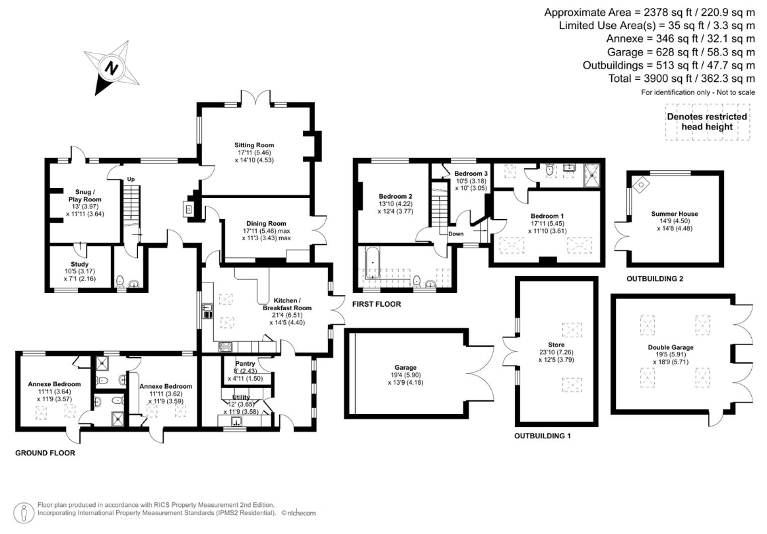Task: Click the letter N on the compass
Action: click(112, 68)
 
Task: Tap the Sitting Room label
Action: click(254, 145)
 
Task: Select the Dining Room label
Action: click(266, 224)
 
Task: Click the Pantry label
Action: click(245, 363)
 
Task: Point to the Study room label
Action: click(80, 264)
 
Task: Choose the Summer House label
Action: click(675, 214)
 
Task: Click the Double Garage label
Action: click(671, 347)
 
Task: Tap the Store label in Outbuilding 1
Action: click(556, 345)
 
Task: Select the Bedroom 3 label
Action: click(471, 174)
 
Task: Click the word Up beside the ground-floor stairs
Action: click(131, 180)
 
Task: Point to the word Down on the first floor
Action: click(456, 234)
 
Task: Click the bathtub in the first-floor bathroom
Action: click(373, 263)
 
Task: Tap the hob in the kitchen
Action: click(226, 347)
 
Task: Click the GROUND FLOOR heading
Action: click(45, 453)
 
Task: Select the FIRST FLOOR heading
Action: click(377, 304)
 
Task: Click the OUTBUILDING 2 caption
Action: click(655, 279)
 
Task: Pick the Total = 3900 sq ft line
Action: click(682, 79)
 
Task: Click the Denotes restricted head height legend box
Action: click(708, 121)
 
